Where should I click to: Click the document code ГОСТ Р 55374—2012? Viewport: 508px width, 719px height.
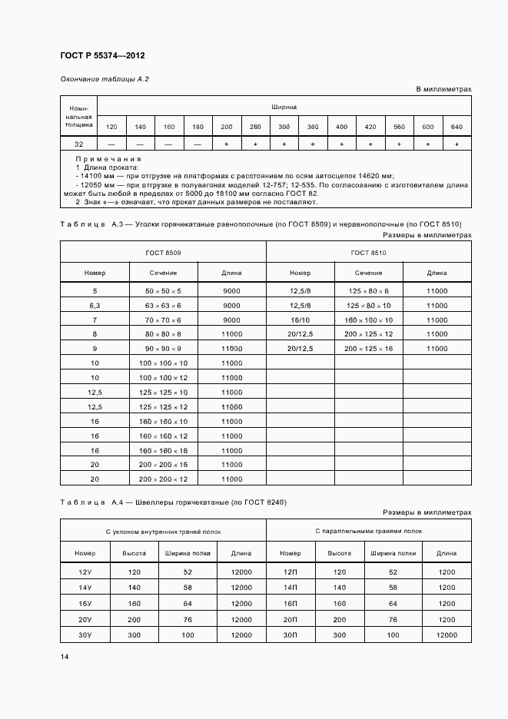[x=102, y=55]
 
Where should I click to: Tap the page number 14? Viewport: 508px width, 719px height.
[x=65, y=657]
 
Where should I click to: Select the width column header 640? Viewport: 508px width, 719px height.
[x=457, y=127]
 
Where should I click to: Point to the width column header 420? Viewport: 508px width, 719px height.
[x=370, y=127]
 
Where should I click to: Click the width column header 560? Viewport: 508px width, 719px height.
[x=399, y=127]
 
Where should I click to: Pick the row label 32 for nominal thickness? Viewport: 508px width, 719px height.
[x=79, y=144]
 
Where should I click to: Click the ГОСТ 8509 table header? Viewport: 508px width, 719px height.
[x=163, y=253]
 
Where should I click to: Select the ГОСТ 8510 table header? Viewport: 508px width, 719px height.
[x=368, y=253]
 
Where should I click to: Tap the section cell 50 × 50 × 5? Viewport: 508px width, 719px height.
[x=163, y=291]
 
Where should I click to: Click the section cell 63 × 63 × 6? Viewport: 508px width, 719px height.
[x=163, y=306]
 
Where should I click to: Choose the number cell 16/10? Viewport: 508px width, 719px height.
[x=300, y=320]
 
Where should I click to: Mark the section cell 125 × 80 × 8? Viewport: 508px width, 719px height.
[x=368, y=291]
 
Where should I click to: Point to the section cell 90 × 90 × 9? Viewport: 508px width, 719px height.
[x=163, y=349]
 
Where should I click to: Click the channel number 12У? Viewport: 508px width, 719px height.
[x=85, y=573]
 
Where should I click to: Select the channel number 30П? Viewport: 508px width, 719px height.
[x=291, y=635]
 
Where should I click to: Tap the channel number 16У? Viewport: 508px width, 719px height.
[x=85, y=604]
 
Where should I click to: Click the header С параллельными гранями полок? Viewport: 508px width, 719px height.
[x=368, y=531]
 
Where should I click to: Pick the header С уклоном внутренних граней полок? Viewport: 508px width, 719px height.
[x=163, y=531]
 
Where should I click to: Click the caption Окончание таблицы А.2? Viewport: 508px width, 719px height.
[x=104, y=79]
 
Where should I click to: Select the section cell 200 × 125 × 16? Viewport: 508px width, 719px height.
[x=368, y=349]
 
